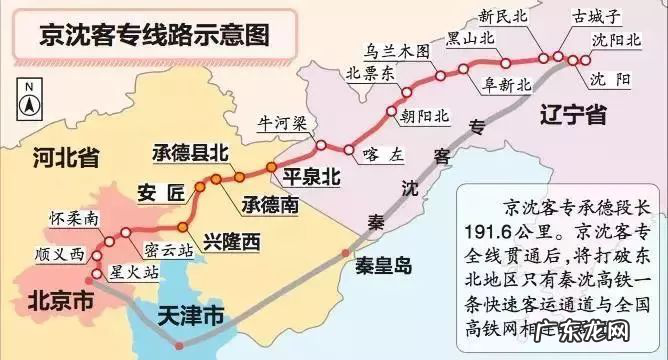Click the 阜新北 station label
tap(504, 84)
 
